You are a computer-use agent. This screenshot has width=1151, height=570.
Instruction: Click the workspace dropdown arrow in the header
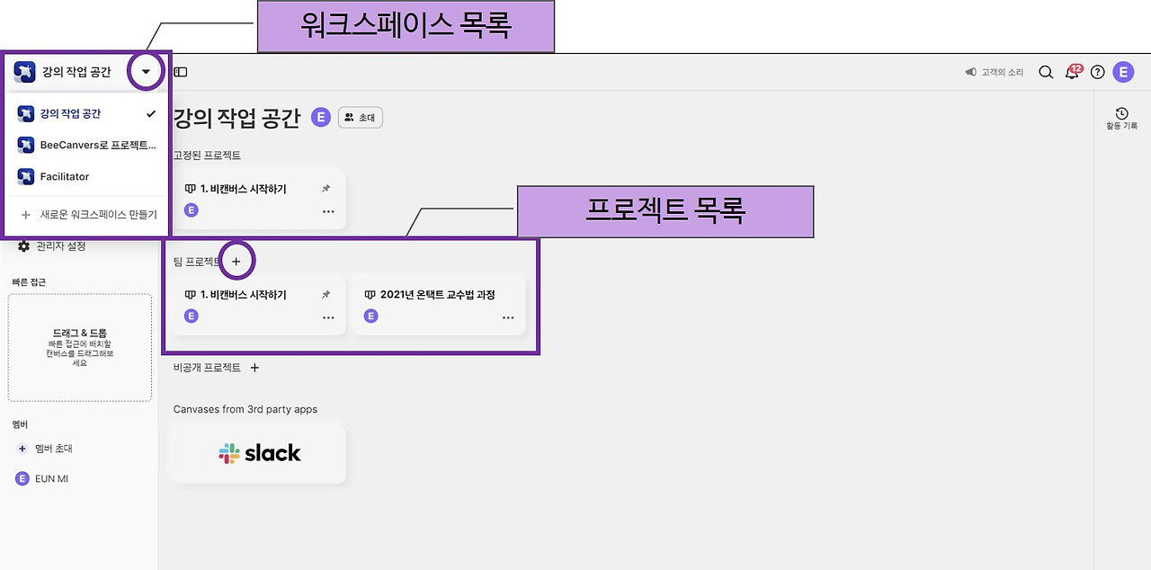click(x=146, y=71)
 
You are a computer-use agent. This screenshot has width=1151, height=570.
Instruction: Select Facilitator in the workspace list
click(x=65, y=176)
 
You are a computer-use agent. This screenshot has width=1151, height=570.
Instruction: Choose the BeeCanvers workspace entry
click(x=98, y=145)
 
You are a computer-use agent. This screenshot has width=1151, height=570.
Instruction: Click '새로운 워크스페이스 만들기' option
click(x=98, y=214)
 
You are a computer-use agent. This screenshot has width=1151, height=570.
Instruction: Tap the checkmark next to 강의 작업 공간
click(x=150, y=113)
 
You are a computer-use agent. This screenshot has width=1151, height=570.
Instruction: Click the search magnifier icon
click(x=1046, y=72)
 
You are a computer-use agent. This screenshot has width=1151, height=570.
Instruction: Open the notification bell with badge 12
click(x=1073, y=72)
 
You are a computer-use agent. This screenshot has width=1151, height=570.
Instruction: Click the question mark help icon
click(x=1098, y=72)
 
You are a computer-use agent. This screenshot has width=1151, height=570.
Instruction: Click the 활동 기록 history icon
click(x=1121, y=113)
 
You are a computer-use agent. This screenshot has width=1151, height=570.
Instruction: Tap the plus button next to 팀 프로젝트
click(x=236, y=262)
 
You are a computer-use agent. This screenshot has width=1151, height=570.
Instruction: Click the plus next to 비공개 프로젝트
click(x=254, y=368)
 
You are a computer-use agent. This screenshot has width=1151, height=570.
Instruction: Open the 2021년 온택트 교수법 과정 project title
click(x=437, y=295)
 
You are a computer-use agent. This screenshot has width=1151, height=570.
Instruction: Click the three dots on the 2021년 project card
click(x=508, y=318)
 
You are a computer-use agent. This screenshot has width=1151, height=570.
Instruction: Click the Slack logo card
click(x=260, y=453)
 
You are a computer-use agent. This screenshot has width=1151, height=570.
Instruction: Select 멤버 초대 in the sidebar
click(x=53, y=449)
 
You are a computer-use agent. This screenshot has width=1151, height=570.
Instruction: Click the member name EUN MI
click(x=51, y=478)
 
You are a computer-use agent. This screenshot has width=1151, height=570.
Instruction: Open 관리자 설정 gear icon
click(x=23, y=246)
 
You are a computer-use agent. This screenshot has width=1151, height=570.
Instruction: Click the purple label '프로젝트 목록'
click(x=665, y=211)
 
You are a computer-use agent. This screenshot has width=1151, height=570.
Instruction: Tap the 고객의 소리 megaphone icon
click(x=970, y=72)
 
